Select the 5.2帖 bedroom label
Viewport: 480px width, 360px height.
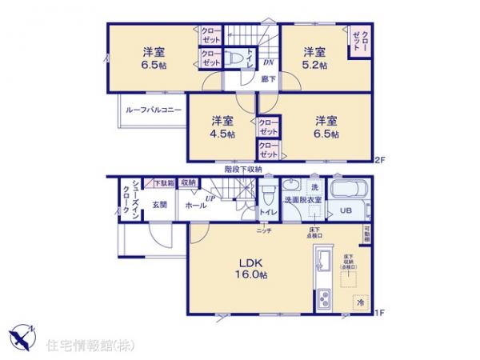(314, 58)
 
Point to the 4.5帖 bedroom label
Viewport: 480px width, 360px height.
(222, 127)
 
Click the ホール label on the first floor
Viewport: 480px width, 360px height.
(194, 205)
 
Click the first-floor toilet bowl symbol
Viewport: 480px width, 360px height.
(266, 197)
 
